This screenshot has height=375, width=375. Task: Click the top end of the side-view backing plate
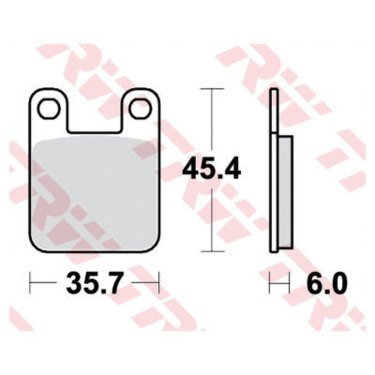273,92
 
